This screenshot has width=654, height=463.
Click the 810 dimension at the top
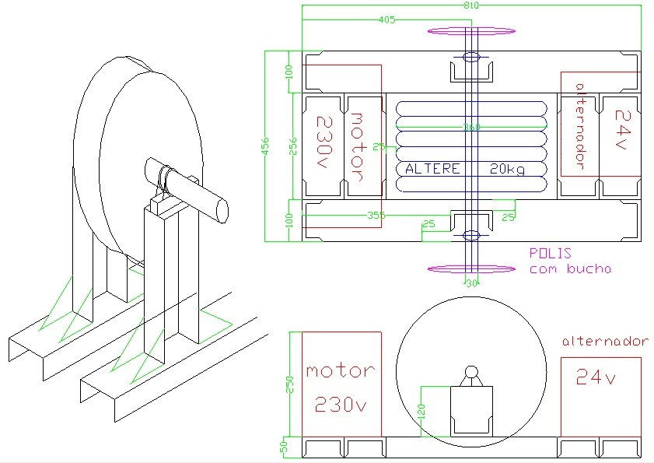coord(471,5)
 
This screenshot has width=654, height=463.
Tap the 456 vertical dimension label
coord(264,146)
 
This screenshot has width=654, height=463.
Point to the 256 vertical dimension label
coord(292,147)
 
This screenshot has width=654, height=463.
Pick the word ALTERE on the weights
coord(432,169)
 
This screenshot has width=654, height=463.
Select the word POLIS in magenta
coord(550,253)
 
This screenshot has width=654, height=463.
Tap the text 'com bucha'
coord(570,269)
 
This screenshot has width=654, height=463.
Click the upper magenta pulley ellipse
coord(471,31)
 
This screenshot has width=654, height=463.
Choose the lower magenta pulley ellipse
coord(471,269)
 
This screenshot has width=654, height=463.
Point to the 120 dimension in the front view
coord(422,412)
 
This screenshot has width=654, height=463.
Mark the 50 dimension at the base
coord(285,447)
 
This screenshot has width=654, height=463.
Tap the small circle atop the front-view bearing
coord(471,372)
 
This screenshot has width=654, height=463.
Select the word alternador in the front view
coord(604,341)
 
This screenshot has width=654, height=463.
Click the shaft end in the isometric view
coord(222,211)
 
